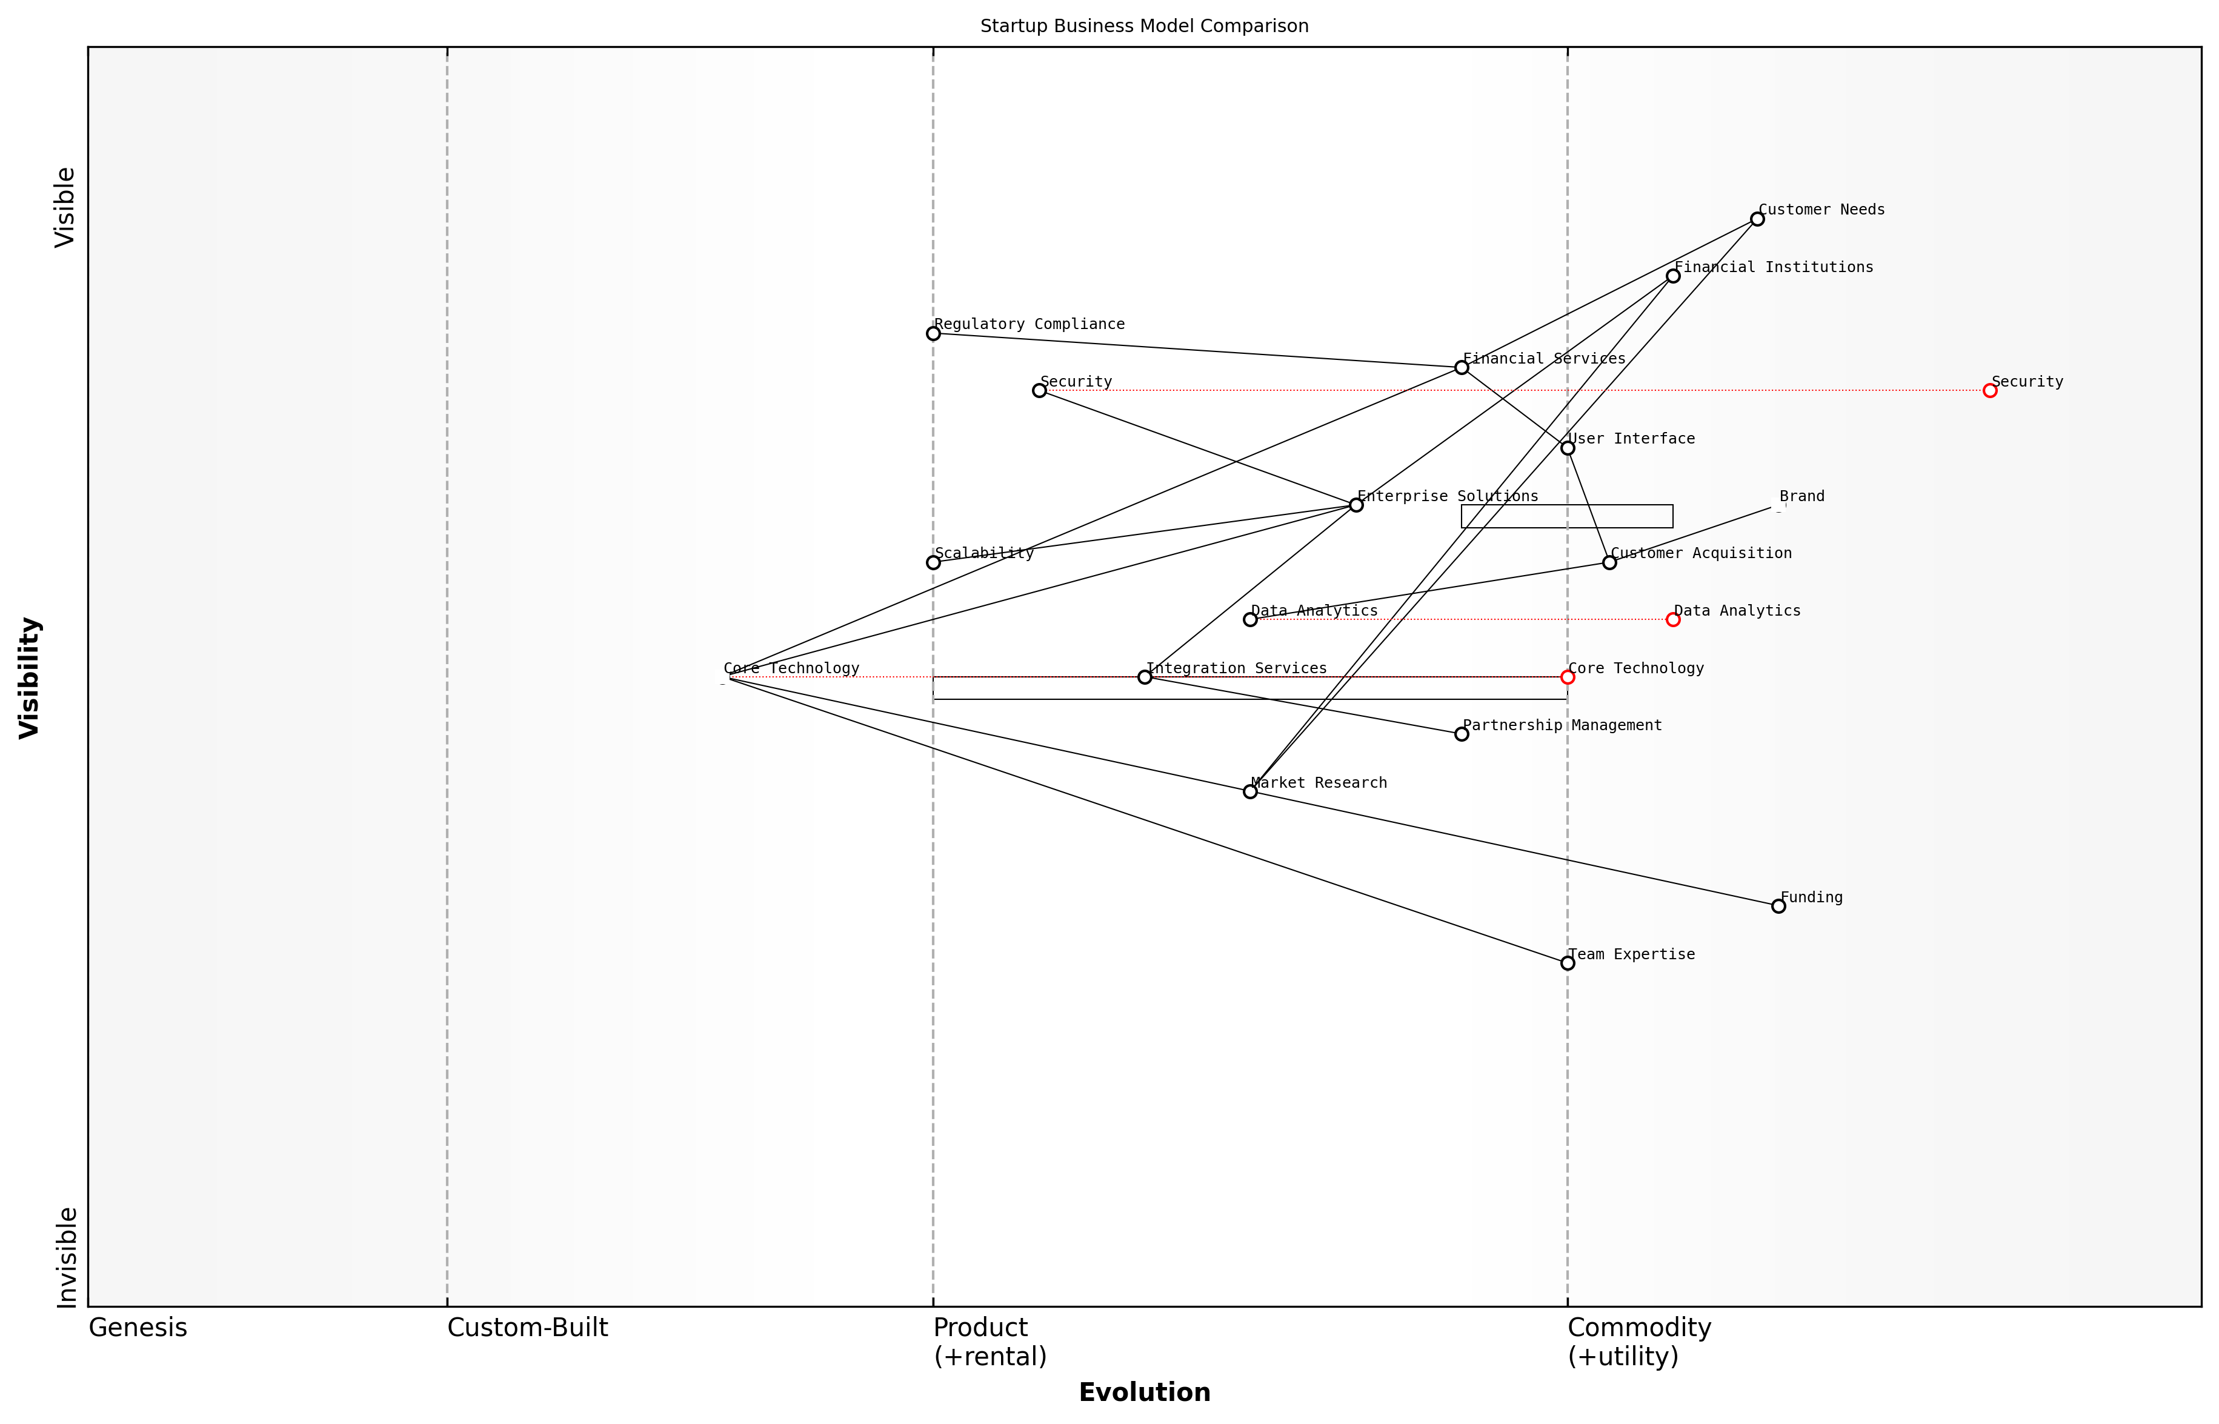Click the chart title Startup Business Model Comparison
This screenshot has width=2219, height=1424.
point(1143,26)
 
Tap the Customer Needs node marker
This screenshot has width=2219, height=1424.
point(1757,219)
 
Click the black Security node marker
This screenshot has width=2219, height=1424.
point(1039,390)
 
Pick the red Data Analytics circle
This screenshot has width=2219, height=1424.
point(1672,619)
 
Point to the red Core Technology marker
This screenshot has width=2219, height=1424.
point(1567,677)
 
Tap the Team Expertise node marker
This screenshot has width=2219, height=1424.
point(1567,963)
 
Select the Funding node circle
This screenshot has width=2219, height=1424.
point(1778,906)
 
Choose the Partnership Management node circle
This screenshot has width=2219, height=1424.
point(1461,734)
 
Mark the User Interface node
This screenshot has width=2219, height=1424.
point(1567,448)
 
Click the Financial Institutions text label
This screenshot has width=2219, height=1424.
point(1774,267)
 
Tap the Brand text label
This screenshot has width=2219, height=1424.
point(1801,496)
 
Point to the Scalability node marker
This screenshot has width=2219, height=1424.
point(933,562)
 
